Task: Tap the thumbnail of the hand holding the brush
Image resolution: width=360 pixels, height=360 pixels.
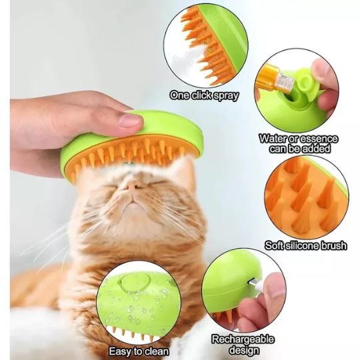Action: (131, 120)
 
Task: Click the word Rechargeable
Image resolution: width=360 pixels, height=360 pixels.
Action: (243, 339)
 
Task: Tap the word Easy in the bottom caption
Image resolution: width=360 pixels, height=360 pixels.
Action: (119, 351)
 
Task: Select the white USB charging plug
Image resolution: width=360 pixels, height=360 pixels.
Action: (255, 284)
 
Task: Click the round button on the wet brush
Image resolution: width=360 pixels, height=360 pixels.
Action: (134, 283)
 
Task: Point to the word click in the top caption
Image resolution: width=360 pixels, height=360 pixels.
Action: (201, 95)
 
